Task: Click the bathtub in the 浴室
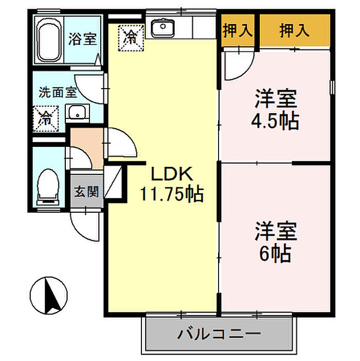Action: pyautogui.click(x=49, y=40)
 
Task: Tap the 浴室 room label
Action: pyautogui.click(x=82, y=39)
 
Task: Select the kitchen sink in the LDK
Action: pyautogui.click(x=163, y=27)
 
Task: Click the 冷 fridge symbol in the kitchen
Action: pyautogui.click(x=131, y=38)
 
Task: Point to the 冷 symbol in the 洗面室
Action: pyautogui.click(x=46, y=119)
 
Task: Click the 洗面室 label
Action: pyautogui.click(x=58, y=92)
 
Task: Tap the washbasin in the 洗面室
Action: pyautogui.click(x=77, y=113)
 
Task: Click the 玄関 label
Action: pyautogui.click(x=86, y=192)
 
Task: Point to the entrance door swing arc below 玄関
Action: pyautogui.click(x=78, y=232)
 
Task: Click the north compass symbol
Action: pyautogui.click(x=49, y=296)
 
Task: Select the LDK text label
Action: pyautogui.click(x=172, y=174)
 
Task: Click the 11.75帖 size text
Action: pyautogui.click(x=172, y=194)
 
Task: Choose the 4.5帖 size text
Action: pyautogui.click(x=276, y=121)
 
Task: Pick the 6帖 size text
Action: pyautogui.click(x=276, y=254)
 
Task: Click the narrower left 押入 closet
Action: pyautogui.click(x=238, y=30)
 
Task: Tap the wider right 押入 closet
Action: pyautogui.click(x=295, y=30)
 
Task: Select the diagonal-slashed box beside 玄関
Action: pyautogui.click(x=113, y=182)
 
